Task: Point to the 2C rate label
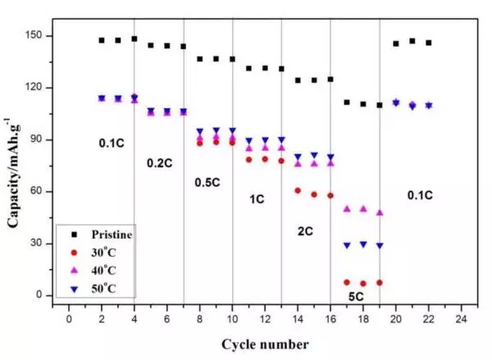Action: (306, 232)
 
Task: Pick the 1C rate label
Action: (257, 199)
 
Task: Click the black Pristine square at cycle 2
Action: (102, 40)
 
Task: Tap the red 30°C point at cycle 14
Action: (298, 190)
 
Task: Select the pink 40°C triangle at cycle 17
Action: (347, 209)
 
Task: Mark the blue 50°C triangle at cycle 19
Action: (379, 245)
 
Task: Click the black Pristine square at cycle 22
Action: (428, 43)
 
